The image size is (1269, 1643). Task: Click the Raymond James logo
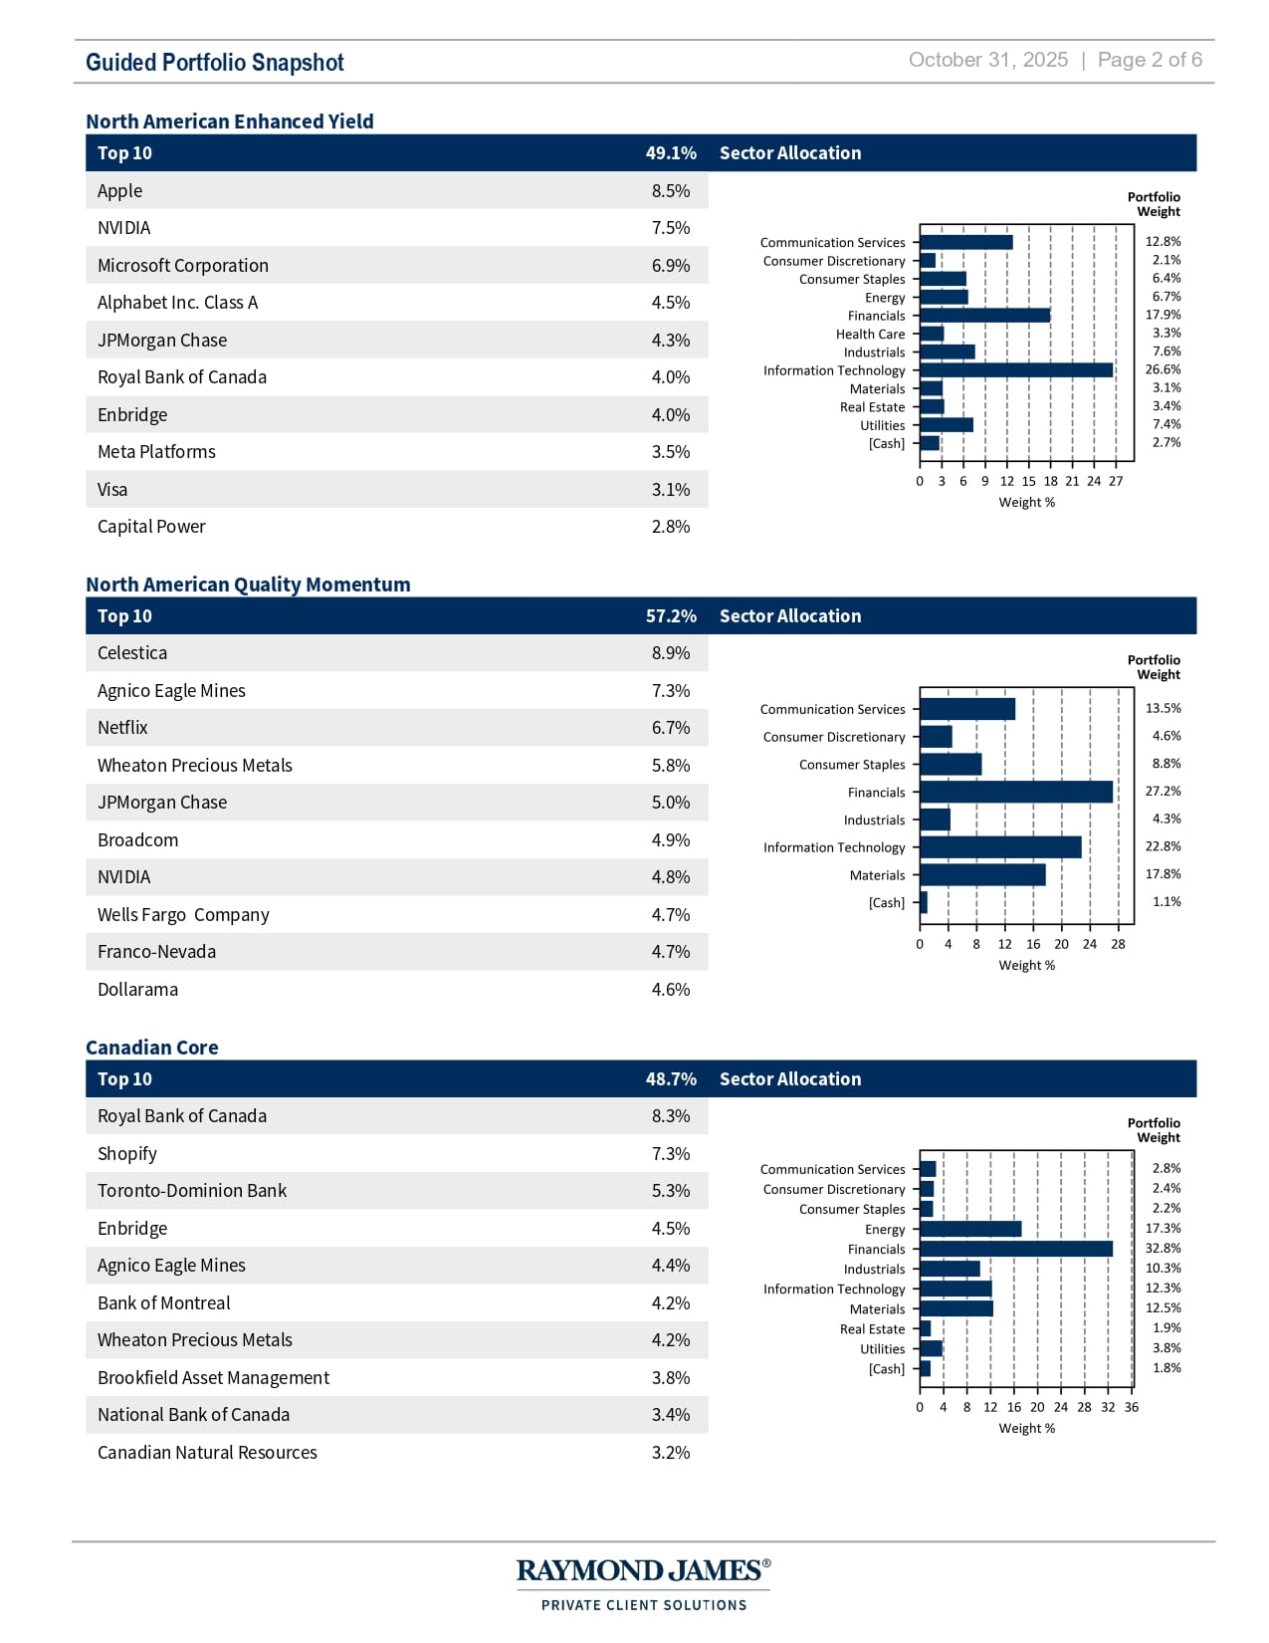click(643, 1583)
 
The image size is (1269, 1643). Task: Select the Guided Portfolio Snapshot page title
click(215, 63)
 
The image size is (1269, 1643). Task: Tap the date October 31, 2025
click(987, 60)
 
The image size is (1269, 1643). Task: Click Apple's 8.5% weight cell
click(670, 191)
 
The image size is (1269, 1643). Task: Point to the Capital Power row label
click(151, 527)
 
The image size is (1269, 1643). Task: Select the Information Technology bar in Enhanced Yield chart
click(1015, 370)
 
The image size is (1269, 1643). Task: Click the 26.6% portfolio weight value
click(1163, 369)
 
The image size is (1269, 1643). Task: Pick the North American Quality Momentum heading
click(248, 585)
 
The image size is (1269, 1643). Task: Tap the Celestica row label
click(132, 653)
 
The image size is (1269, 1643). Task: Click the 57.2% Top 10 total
click(670, 616)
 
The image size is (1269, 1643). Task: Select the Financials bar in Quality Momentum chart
click(1015, 792)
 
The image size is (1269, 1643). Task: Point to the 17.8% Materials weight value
click(1163, 874)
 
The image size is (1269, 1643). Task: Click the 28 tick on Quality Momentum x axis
click(1118, 944)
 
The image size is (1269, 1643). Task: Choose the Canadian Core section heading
click(151, 1048)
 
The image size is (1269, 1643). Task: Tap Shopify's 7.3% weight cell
click(670, 1154)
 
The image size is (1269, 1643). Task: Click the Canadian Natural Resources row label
click(207, 1453)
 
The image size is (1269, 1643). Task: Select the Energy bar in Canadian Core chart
click(970, 1229)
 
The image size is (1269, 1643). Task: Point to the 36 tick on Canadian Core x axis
click(1131, 1407)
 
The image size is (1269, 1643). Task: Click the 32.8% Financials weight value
click(1163, 1249)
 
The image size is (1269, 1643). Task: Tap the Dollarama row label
click(137, 990)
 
